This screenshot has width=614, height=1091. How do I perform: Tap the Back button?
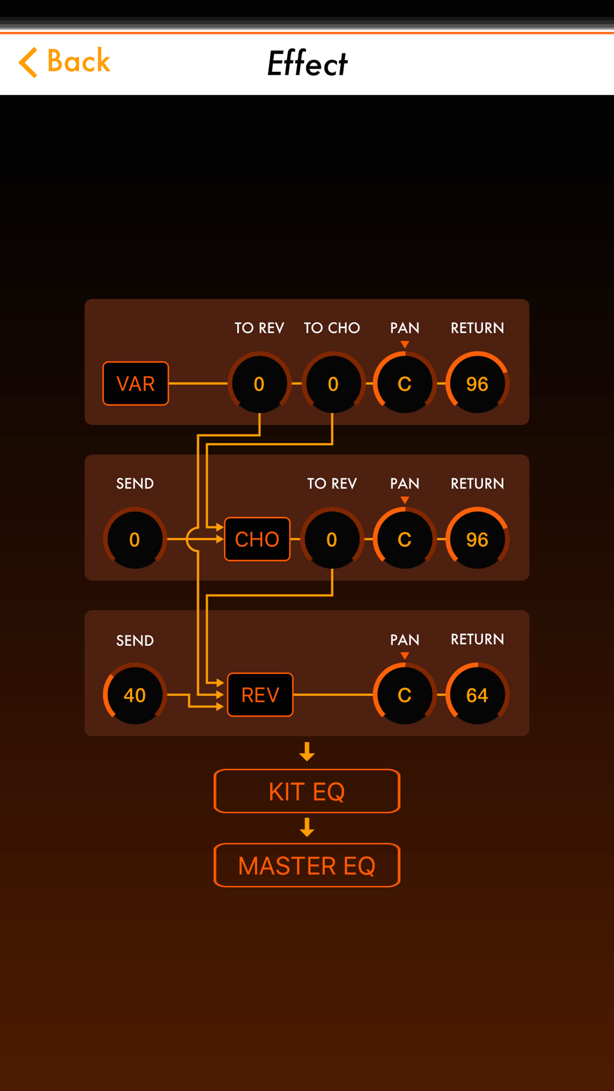tap(64, 62)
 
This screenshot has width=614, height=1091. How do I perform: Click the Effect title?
tap(307, 63)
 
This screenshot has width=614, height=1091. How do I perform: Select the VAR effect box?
tap(136, 384)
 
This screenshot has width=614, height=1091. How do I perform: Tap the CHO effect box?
tap(257, 539)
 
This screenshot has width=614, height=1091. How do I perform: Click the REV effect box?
tap(260, 695)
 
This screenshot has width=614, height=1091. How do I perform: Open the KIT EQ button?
tap(307, 791)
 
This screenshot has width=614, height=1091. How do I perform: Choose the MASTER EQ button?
tap(307, 865)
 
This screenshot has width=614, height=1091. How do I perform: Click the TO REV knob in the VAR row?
tap(259, 384)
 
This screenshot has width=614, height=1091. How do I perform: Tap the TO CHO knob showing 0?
tap(333, 384)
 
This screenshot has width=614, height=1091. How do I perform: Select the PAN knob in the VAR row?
tap(404, 384)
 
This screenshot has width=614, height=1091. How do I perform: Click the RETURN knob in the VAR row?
tap(477, 384)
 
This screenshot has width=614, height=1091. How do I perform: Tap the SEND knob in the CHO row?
tap(134, 539)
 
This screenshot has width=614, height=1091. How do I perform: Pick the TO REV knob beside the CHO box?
tap(332, 539)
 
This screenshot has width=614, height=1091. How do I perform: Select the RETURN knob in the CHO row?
tap(477, 539)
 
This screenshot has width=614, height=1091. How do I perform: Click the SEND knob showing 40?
tap(134, 695)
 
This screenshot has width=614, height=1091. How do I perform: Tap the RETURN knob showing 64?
tap(477, 695)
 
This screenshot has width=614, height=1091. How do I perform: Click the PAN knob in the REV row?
tap(404, 695)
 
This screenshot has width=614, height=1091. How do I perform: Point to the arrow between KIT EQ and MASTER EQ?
tap(307, 827)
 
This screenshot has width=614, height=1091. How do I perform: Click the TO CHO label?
tap(332, 328)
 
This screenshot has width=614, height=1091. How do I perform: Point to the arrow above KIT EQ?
tap(307, 752)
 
